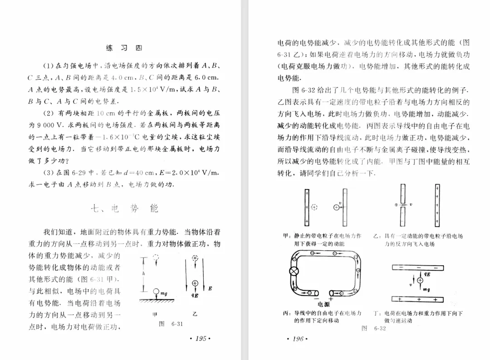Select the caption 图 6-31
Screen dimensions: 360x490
pos(171,324)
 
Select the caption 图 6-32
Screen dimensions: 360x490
pos(373,328)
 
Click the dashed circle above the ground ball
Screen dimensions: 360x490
pos(157,258)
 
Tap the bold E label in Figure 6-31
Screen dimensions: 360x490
pos(210,288)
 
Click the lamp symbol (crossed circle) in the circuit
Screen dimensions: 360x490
pos(291,272)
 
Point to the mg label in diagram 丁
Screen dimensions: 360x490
pos(426,289)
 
